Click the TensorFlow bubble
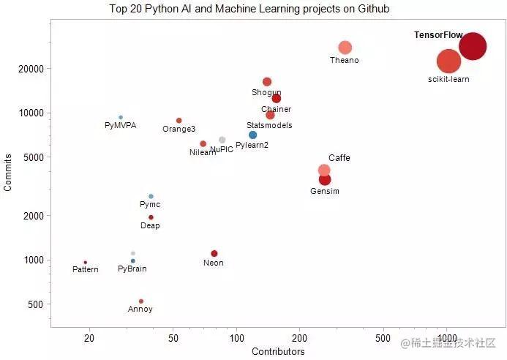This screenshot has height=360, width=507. click(x=473, y=46)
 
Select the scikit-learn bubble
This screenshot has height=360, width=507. click(x=449, y=61)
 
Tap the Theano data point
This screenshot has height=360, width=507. click(x=345, y=48)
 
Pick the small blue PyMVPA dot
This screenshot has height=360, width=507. click(x=121, y=117)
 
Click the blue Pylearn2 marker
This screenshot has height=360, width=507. click(x=252, y=135)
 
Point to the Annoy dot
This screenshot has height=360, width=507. click(x=141, y=301)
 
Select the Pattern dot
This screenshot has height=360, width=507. click(x=86, y=262)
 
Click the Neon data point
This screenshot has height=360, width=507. click(x=214, y=253)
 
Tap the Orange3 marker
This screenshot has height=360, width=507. click(x=179, y=121)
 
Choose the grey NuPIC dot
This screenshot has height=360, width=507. click(x=222, y=140)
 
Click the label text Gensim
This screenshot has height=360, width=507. click(x=325, y=191)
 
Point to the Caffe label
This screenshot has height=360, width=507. click(x=339, y=158)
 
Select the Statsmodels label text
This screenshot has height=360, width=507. click(x=269, y=125)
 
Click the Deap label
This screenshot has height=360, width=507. click(x=150, y=226)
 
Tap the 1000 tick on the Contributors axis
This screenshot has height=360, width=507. click(x=446, y=339)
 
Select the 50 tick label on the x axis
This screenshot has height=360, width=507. click(x=173, y=339)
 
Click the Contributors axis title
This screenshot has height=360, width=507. click(x=278, y=352)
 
